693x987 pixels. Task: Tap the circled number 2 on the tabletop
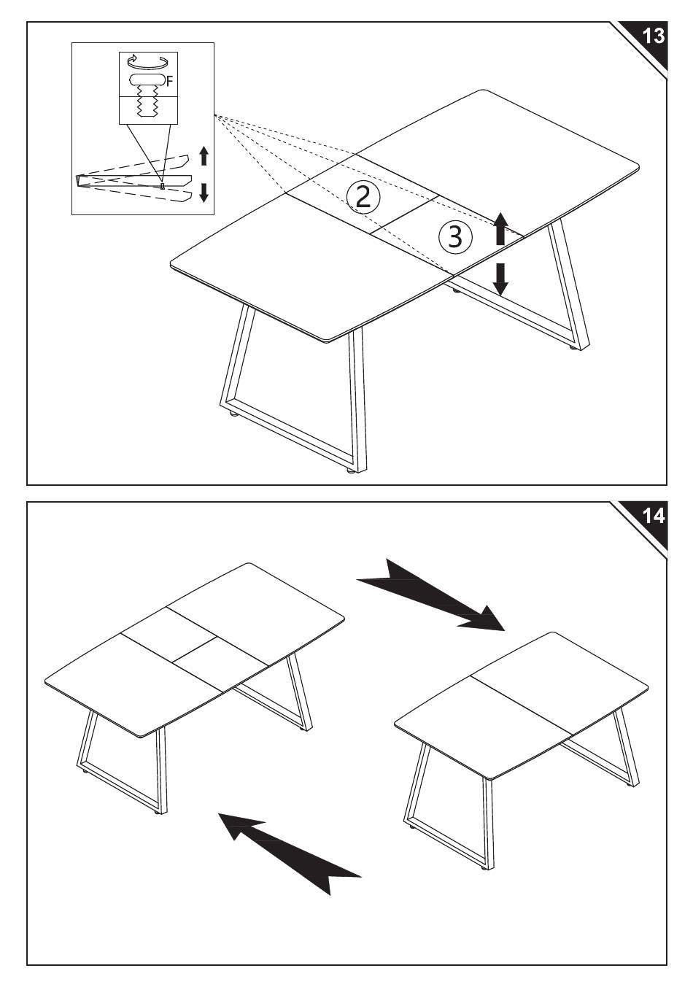click(363, 198)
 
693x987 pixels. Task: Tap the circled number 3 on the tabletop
click(455, 236)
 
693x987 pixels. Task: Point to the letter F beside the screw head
click(170, 81)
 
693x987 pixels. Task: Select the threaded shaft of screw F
click(147, 102)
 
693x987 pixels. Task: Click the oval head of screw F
click(147, 80)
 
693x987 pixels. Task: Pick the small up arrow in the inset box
click(204, 156)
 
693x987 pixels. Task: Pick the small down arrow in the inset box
click(204, 193)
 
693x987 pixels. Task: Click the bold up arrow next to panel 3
click(500, 228)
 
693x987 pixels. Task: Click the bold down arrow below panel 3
click(500, 279)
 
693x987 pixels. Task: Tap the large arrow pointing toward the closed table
click(431, 595)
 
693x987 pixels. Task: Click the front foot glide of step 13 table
click(351, 471)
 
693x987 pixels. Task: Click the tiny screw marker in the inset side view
click(163, 187)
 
